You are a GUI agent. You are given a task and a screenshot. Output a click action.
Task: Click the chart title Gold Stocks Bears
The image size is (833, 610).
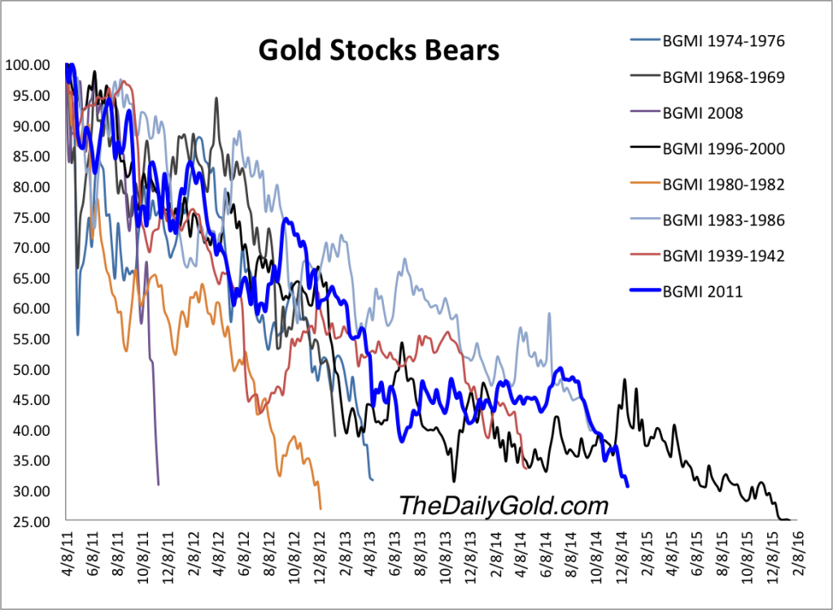[x=378, y=50]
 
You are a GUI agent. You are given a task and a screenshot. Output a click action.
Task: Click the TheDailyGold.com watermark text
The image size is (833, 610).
[x=503, y=505]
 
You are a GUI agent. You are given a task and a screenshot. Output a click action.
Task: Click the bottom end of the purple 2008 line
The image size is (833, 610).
[x=158, y=485]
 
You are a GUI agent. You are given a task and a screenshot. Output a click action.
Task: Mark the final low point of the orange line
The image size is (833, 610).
[x=321, y=509]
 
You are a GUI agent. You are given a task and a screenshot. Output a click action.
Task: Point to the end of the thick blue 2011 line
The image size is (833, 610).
[x=627, y=486]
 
